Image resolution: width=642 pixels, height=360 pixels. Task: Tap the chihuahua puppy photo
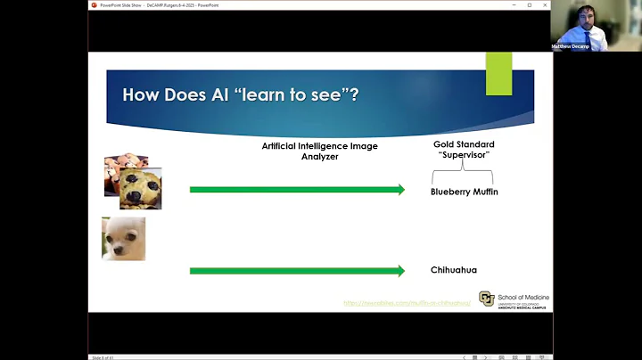tap(123, 238)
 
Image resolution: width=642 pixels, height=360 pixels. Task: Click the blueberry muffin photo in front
tap(140, 187)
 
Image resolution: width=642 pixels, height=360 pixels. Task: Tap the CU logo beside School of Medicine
tap(486, 299)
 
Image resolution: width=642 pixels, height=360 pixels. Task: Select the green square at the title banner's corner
tap(498, 73)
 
